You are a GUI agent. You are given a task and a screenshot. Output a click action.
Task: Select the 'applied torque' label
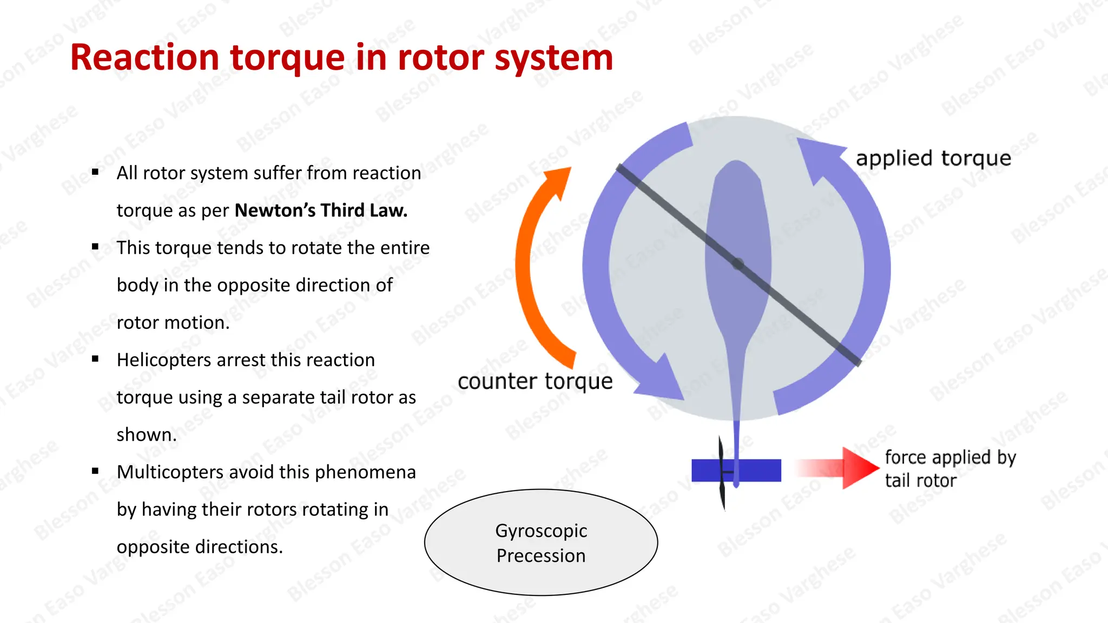pyautogui.click(x=933, y=158)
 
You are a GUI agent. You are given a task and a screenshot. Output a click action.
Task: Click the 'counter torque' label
pyautogui.click(x=535, y=381)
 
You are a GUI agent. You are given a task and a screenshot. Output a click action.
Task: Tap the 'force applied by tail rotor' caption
pyautogui.click(x=949, y=468)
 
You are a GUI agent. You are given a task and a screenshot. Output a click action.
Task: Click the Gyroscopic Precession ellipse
pyautogui.click(x=541, y=542)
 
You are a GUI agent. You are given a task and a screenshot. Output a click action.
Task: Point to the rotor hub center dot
pyautogui.click(x=738, y=264)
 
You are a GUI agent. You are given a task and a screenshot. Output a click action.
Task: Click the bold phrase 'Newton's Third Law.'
pyautogui.click(x=321, y=210)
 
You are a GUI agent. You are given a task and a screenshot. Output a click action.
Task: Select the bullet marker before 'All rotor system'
pyautogui.click(x=95, y=173)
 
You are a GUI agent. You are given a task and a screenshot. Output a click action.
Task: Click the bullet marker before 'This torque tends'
pyautogui.click(x=95, y=247)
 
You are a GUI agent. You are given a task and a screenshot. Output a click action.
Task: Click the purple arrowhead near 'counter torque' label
pyautogui.click(x=663, y=379)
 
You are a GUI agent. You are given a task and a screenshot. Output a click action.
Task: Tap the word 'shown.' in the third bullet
pyautogui.click(x=147, y=435)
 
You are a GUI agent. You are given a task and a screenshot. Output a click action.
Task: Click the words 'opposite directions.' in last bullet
pyautogui.click(x=200, y=547)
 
